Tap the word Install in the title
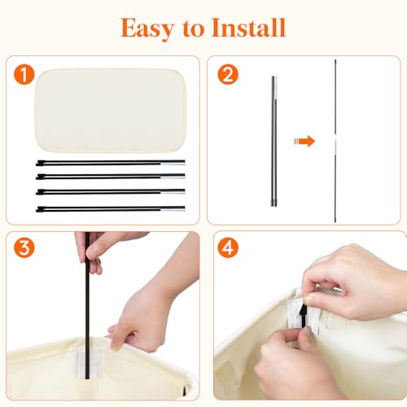[x=248, y=28]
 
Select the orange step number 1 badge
[x=24, y=75]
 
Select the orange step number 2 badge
[x=228, y=74]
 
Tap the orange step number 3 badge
[x=24, y=247]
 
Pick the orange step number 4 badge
[x=228, y=247]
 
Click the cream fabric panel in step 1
[x=111, y=110]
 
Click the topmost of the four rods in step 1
[x=111, y=163]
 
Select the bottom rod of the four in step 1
[x=111, y=209]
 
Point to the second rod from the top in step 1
[x=111, y=177]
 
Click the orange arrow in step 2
[x=304, y=141]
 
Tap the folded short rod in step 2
[x=274, y=141]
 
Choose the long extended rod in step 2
[x=335, y=141]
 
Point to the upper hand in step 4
[x=352, y=282]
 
